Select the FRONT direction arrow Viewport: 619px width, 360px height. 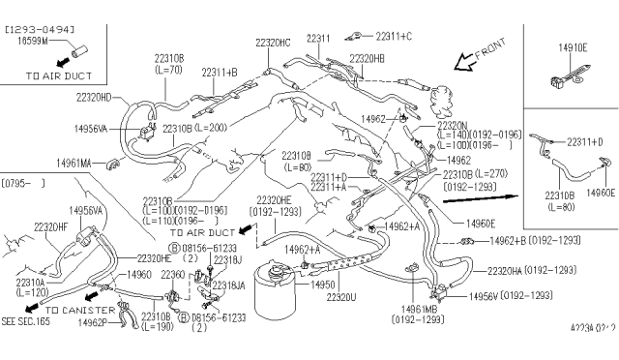471,63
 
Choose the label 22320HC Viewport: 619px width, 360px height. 274,43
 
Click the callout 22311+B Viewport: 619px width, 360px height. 221,73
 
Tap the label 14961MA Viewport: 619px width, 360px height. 74,165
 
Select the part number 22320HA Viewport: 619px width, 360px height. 509,271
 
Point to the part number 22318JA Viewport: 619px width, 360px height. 230,286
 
